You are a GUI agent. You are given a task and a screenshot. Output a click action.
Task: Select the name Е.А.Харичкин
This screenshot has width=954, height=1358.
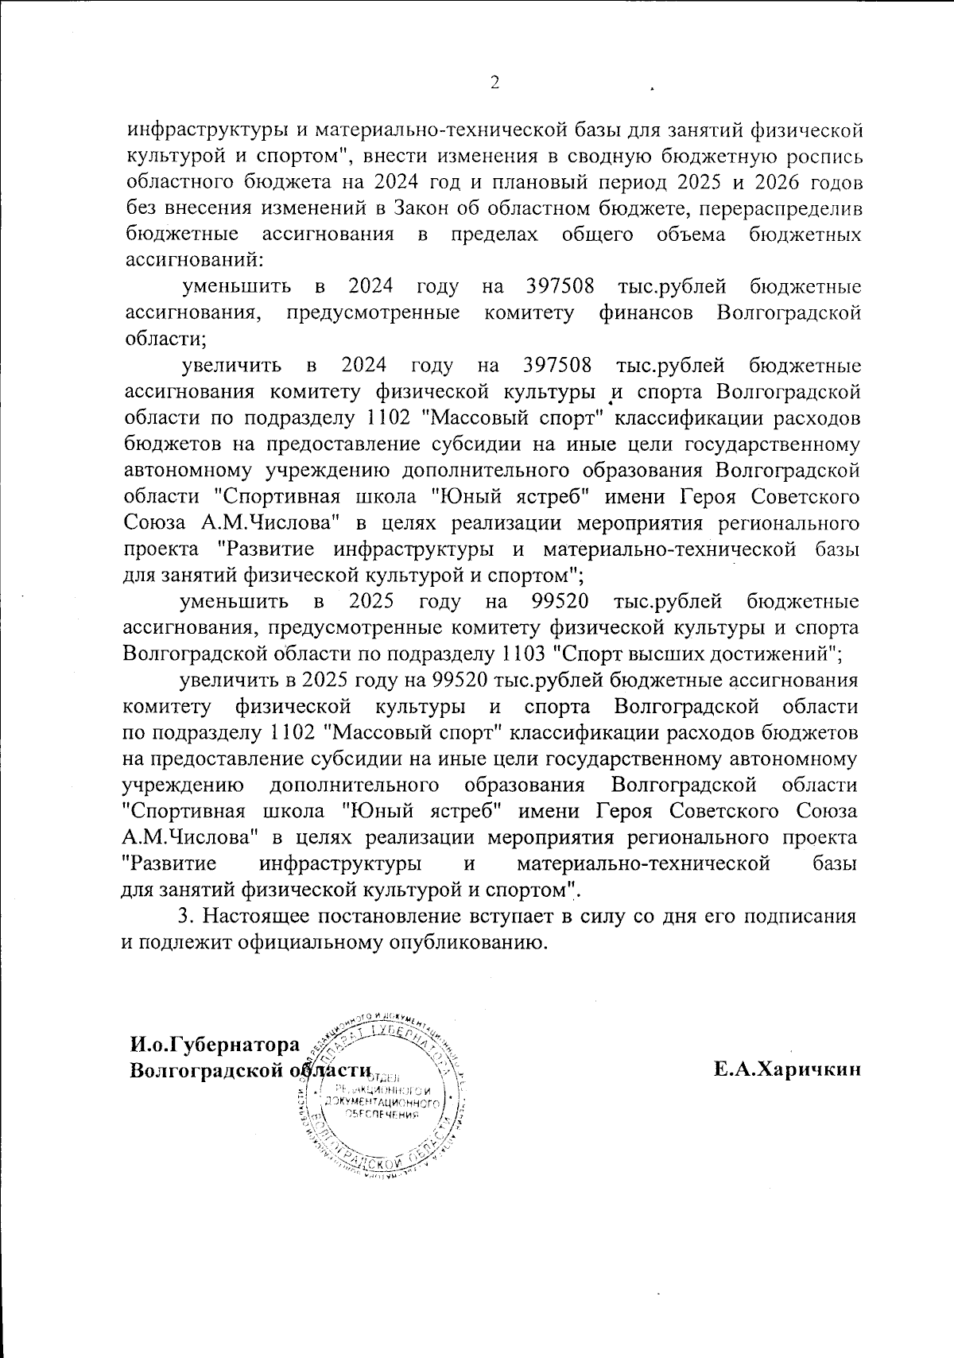pos(787,1070)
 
